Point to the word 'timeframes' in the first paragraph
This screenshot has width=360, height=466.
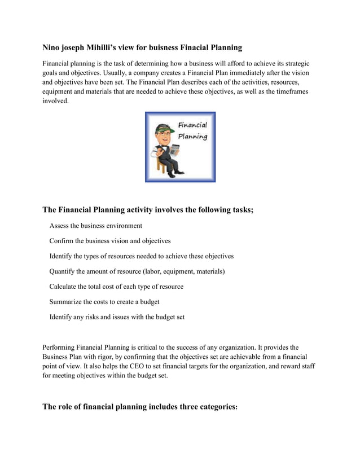pyautogui.click(x=289, y=91)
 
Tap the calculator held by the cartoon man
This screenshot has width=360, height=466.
pyautogui.click(x=174, y=150)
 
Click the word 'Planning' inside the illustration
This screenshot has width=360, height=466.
pyautogui.click(x=193, y=137)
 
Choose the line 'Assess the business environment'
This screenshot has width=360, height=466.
pyautogui.click(x=96, y=226)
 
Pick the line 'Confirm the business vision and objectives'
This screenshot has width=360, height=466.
pyautogui.click(x=110, y=241)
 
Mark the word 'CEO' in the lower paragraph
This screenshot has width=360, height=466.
pyautogui.click(x=128, y=366)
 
